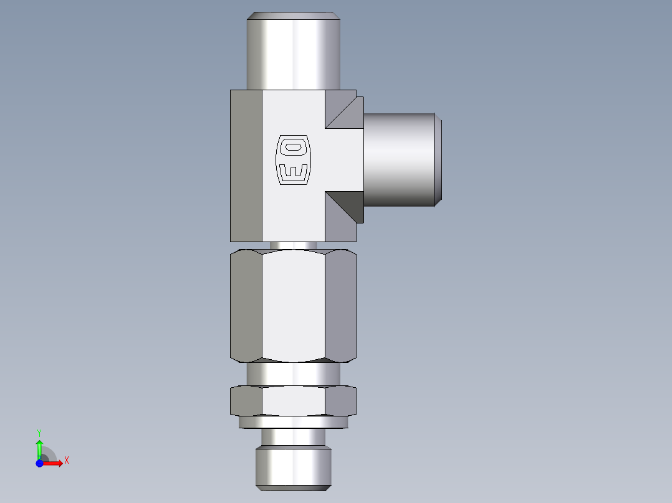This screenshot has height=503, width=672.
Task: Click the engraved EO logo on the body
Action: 292,159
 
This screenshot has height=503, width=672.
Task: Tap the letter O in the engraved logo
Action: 292,148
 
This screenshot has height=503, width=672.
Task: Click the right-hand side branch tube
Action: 399,160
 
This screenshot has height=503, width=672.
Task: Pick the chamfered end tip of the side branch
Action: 438,160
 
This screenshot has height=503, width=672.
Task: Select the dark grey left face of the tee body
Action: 246,165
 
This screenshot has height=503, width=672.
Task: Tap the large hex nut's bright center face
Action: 293,305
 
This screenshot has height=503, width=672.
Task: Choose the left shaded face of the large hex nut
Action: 246,305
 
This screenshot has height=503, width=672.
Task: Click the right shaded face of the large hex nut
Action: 340,305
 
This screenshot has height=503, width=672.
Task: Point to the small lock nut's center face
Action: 293,401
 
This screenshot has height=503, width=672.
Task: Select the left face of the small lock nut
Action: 246,401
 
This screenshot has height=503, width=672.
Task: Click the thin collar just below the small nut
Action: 293,423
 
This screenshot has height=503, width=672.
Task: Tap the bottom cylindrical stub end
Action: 293,467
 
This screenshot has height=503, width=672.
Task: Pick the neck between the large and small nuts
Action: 293,374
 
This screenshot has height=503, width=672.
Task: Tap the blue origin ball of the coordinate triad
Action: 39,464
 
